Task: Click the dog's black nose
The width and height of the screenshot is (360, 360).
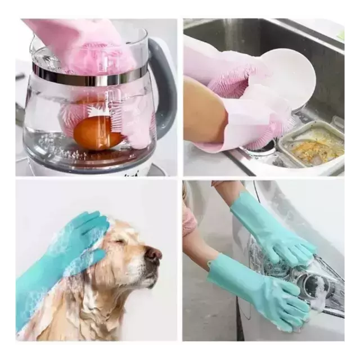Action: [154, 255]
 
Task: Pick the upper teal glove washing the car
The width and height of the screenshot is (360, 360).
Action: [270, 231]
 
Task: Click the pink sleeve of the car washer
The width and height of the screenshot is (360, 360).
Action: [190, 219]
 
